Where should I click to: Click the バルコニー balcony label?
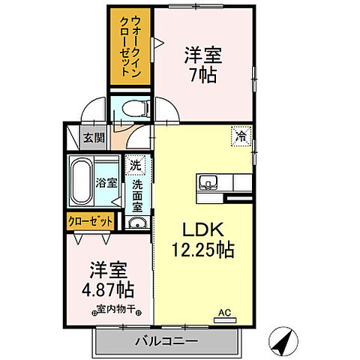click(166, 341)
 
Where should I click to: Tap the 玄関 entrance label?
click(94, 137)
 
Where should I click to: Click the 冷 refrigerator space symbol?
click(241, 136)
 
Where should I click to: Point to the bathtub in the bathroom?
click(81, 182)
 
